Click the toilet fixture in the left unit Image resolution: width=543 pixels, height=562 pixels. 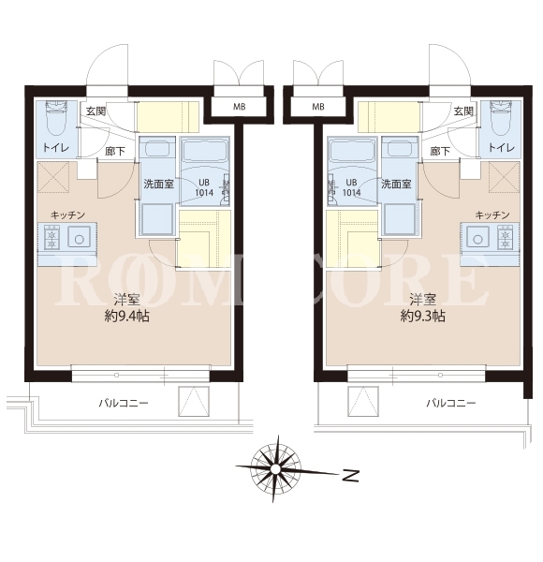click(55, 118)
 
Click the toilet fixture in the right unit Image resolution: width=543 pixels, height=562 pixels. click(500, 118)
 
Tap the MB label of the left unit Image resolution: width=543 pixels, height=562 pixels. click(240, 107)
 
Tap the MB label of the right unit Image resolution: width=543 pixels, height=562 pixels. click(318, 107)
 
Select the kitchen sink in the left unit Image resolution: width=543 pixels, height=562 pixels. click(79, 239)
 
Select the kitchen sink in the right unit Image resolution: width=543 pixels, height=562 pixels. click(477, 239)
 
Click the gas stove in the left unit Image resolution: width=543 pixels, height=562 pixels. click(51, 237)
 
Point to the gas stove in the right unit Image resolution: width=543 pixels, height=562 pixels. click(505, 237)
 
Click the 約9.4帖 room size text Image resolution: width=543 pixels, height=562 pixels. click(127, 317)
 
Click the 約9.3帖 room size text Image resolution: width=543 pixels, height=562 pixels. click(422, 317)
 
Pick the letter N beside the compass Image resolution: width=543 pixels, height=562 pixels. click(350, 475)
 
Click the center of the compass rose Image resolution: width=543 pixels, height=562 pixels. click(275, 469)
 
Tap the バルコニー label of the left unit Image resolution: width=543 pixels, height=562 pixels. click(124, 403)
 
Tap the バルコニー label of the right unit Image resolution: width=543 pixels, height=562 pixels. click(451, 403)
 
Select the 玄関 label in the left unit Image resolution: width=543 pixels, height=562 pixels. click(96, 111)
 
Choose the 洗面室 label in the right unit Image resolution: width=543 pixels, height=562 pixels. click(396, 185)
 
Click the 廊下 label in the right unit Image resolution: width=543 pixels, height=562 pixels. click(440, 151)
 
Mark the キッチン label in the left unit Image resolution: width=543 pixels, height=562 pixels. click(68, 215)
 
